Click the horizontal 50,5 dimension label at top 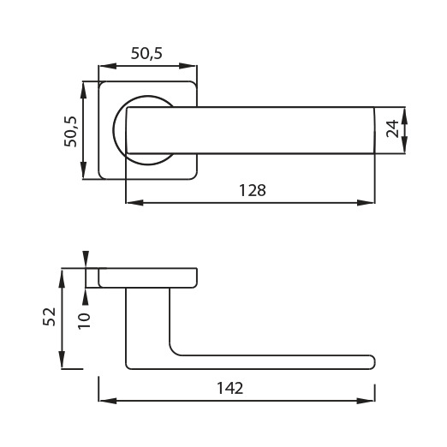coord(146,53)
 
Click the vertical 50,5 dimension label coord(70,132)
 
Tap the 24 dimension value coord(392,128)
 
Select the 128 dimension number coord(253,190)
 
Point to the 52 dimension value coord(49,316)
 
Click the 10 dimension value coord(84,321)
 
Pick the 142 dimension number coord(230,388)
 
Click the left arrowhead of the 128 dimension coord(134,203)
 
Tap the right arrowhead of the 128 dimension coord(367,203)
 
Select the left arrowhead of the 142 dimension coord(107,401)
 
